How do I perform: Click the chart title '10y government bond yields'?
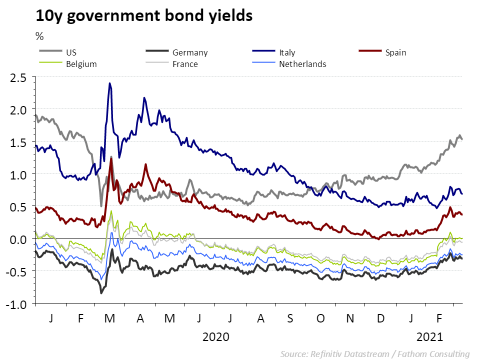pos(144,16)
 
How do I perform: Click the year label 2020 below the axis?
pos(215,336)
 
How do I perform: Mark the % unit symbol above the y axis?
pos(39,36)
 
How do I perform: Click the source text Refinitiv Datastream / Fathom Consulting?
pos(375,354)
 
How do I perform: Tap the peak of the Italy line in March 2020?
pos(109,83)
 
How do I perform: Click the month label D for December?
pos(381,317)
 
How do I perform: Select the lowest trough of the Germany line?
pos(101,293)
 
